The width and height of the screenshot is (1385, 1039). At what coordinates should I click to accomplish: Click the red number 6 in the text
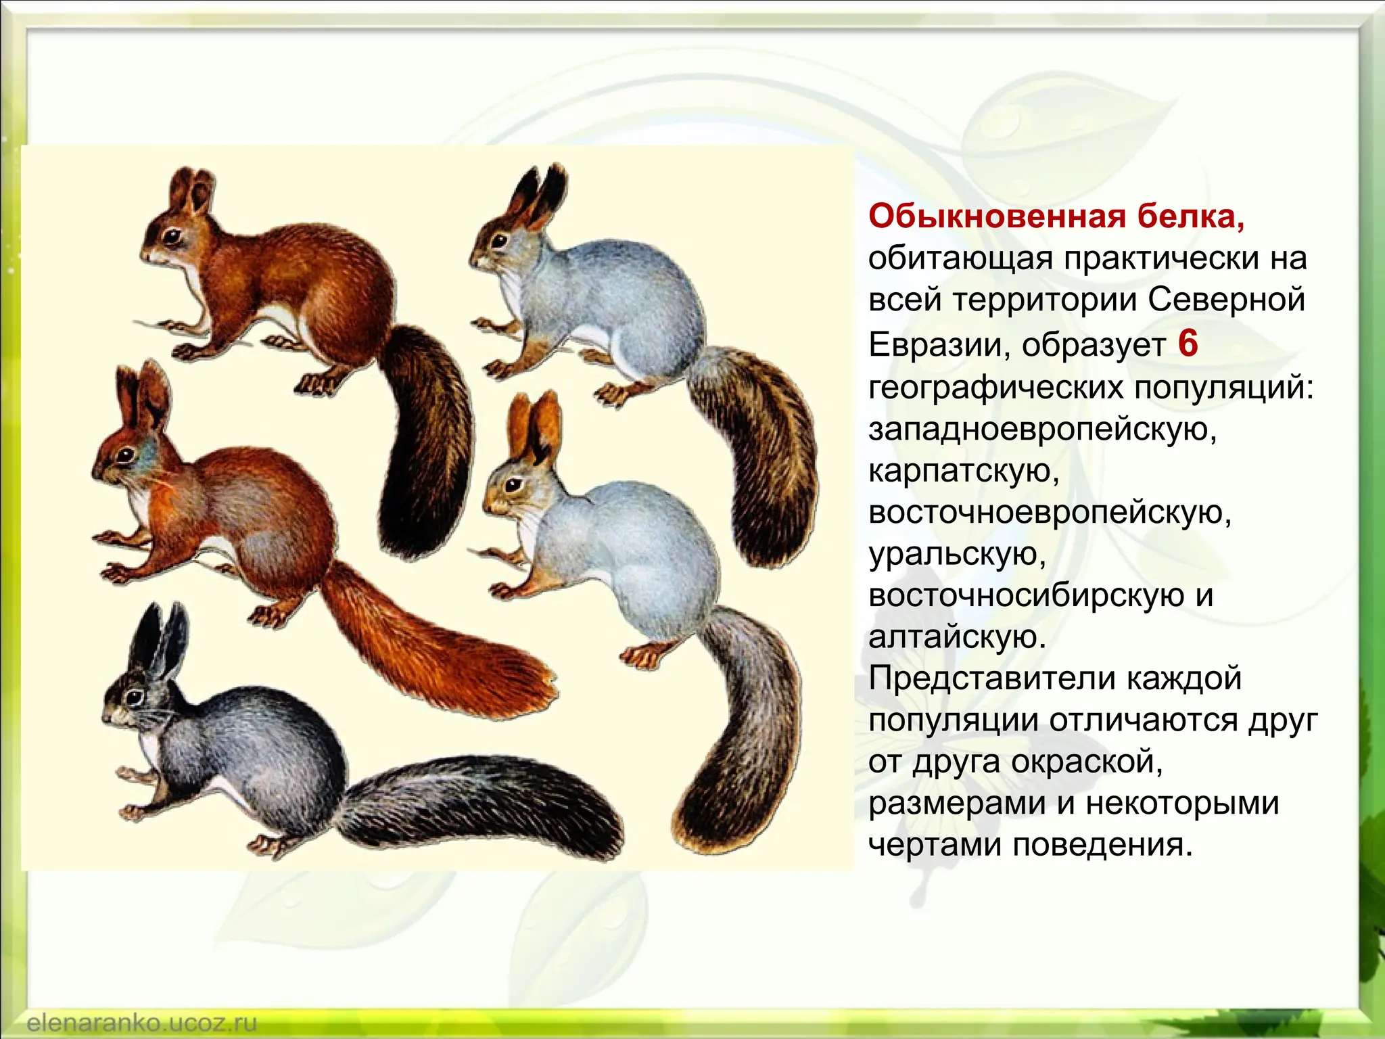pos(1188,344)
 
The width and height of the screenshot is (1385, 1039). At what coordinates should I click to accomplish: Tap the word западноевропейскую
pos(1042,430)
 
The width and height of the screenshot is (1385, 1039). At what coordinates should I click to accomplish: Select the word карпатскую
pos(964,471)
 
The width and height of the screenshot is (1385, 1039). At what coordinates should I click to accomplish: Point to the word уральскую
pos(957,555)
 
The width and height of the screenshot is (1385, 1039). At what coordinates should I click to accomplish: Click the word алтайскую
pos(957,637)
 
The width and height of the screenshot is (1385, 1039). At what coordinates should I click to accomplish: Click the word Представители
pos(984,678)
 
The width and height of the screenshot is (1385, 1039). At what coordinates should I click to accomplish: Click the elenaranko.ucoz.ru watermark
pos(142,1022)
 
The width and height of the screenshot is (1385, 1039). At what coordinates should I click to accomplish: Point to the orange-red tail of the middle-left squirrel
pos(433,649)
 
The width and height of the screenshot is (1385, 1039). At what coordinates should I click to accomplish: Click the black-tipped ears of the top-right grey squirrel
pos(544,193)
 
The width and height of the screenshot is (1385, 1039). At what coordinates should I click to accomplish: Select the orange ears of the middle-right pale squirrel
pos(534,423)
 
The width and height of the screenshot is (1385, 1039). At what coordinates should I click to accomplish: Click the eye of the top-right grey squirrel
pos(500,239)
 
